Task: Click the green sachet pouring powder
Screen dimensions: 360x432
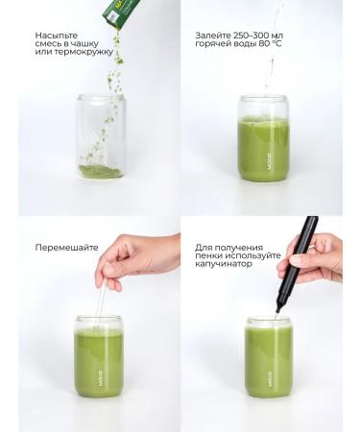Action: pyautogui.click(x=120, y=12)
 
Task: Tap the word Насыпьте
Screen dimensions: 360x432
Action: pyautogui.click(x=57, y=36)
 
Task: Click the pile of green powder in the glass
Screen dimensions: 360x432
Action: pyautogui.click(x=100, y=172)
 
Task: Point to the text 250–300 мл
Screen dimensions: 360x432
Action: pyautogui.click(x=258, y=36)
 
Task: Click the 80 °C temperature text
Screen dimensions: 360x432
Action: pyautogui.click(x=270, y=43)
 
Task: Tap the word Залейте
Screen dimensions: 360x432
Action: pyautogui.click(x=213, y=36)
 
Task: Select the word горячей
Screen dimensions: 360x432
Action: pyautogui.click(x=211, y=44)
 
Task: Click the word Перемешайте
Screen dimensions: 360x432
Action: pyautogui.click(x=66, y=248)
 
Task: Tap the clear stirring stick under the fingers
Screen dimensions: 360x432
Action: pyautogui.click(x=101, y=300)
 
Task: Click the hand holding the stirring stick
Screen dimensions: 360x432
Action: pyautogui.click(x=137, y=258)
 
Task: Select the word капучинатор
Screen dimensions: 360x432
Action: pyautogui.click(x=224, y=264)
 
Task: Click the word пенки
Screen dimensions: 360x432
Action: pyautogui.click(x=208, y=256)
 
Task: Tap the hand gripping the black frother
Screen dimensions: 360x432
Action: pyautogui.click(x=310, y=258)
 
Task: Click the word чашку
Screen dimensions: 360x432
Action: pyautogui.click(x=85, y=44)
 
